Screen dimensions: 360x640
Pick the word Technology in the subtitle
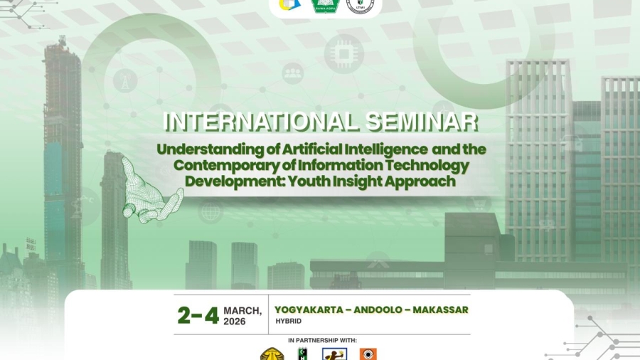(430, 166)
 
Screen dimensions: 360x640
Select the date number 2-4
(198, 314)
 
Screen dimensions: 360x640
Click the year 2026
(235, 322)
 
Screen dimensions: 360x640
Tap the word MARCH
(242, 310)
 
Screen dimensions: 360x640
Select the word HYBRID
(288, 322)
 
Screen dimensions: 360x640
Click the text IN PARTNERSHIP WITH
(323, 341)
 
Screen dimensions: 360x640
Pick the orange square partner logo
(368, 354)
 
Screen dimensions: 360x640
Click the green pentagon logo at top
(325, 5)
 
